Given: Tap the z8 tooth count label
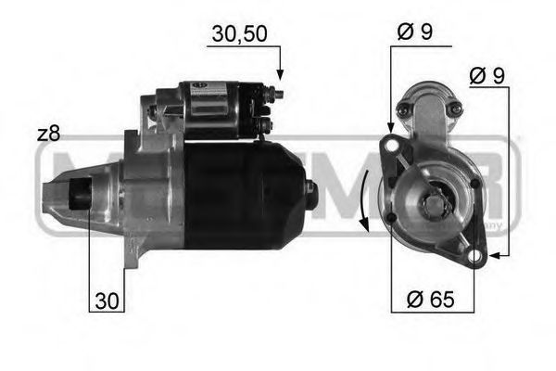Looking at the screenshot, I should [48, 134].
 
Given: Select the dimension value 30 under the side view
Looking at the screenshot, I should [107, 301].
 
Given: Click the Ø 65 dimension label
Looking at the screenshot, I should [430, 299].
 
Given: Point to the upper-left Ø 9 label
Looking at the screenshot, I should [414, 31].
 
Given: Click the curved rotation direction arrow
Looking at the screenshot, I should [367, 199].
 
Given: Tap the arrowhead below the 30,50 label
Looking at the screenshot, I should [279, 73].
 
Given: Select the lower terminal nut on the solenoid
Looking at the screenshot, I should [267, 122].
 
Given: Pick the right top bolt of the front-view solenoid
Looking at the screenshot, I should [454, 109].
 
